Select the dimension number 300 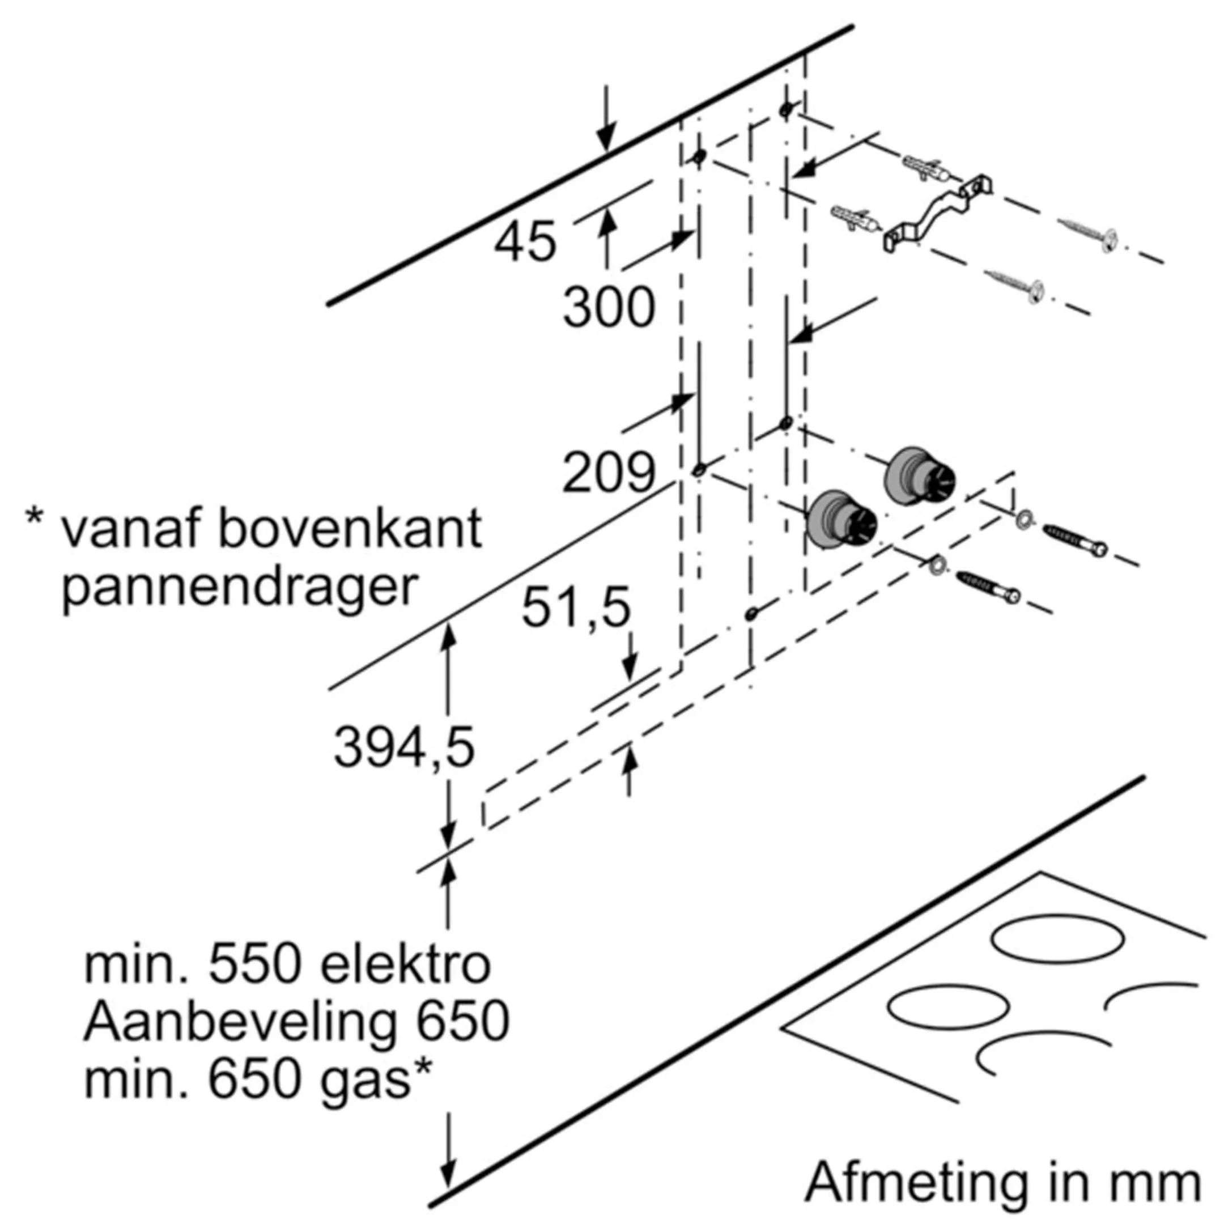pos(608,308)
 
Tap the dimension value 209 pos(608,473)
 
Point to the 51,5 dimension pos(575,607)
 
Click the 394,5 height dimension pos(403,747)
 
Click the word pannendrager pos(240,589)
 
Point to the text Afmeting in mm pos(1002,1181)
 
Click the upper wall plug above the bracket pos(928,168)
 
